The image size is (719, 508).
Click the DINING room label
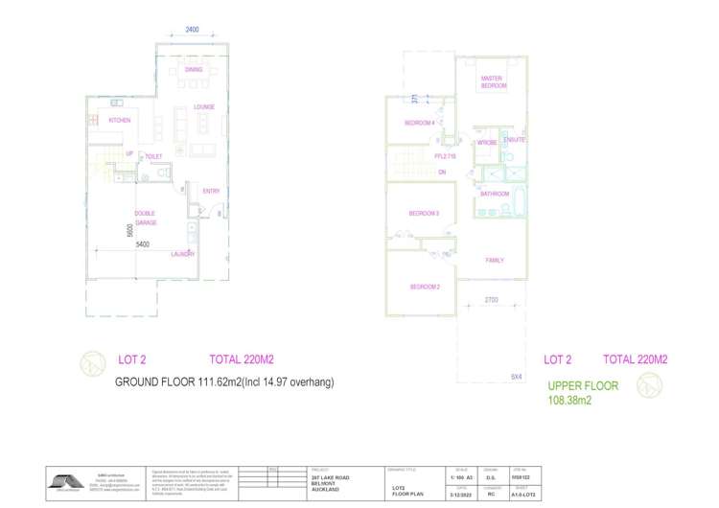[194, 69]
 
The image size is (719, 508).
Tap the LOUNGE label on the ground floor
[203, 107]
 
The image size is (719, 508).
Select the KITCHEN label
[119, 121]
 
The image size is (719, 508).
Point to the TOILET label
[153, 156]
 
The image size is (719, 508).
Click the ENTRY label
[211, 191]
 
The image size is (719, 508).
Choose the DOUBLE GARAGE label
[145, 219]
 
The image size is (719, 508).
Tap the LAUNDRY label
[183, 254]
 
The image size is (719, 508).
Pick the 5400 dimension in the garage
[141, 245]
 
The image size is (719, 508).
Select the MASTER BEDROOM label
[492, 82]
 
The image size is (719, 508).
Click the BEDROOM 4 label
[419, 123]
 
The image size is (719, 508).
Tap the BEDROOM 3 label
[424, 213]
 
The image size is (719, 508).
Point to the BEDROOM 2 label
[425, 287]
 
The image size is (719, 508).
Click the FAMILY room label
[495, 260]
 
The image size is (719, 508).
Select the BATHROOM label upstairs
[495, 194]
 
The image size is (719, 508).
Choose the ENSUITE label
[515, 140]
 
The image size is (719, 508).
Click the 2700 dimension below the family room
[491, 300]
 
